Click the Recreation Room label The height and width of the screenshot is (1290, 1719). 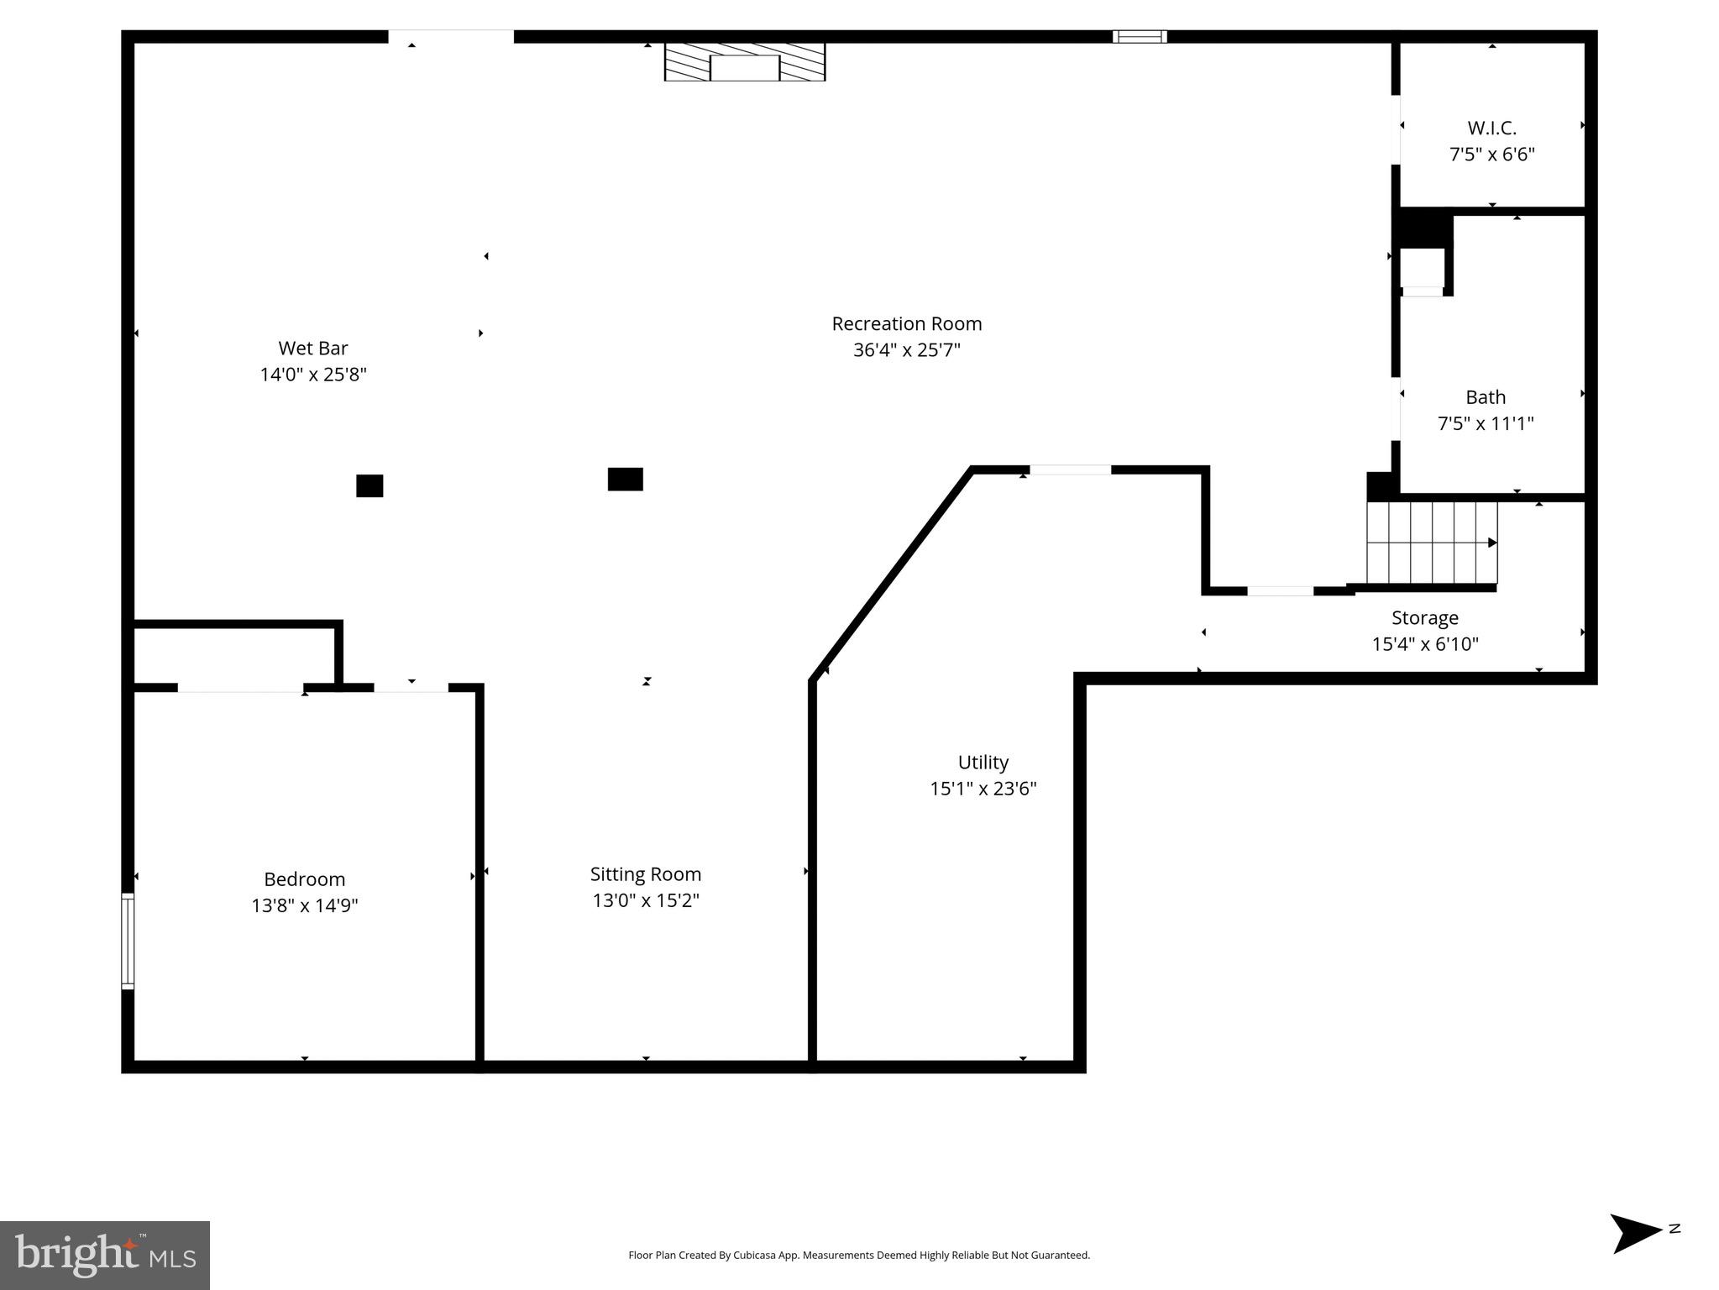point(906,323)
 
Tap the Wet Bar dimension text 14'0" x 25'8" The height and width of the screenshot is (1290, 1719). point(313,375)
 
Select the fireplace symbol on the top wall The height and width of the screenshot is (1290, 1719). point(744,62)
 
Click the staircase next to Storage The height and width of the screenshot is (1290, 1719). point(1430,543)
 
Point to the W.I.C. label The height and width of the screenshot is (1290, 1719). point(1491,128)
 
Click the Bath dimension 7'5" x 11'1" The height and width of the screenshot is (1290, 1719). point(1485,423)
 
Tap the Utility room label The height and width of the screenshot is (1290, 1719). point(983,763)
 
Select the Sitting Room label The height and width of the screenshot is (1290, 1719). point(645,874)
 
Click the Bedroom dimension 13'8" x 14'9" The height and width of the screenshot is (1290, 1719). point(305,905)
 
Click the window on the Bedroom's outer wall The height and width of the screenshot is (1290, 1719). point(128,940)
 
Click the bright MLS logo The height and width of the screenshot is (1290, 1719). point(105,1255)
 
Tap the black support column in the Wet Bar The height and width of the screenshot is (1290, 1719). point(369,485)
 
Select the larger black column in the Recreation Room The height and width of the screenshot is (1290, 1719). point(625,479)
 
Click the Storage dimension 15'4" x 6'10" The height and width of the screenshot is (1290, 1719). point(1424,644)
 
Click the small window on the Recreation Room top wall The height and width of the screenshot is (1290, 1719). point(1139,36)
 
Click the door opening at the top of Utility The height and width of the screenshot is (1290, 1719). point(1070,469)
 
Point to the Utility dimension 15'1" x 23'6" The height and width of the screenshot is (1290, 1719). point(983,789)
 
